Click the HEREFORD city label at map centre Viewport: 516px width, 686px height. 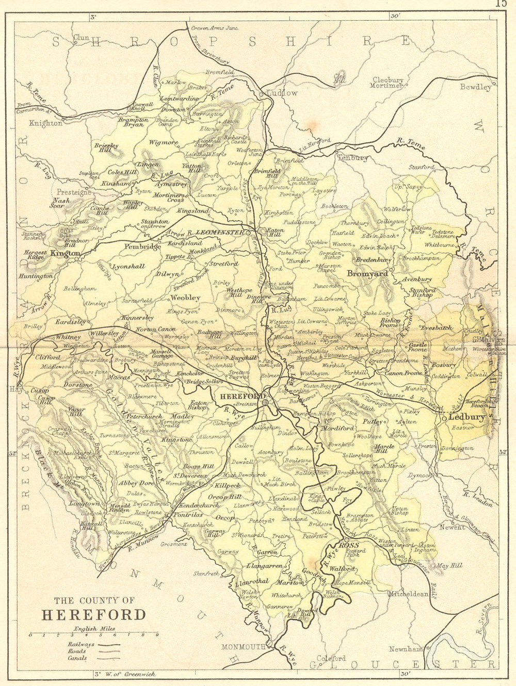click(235, 396)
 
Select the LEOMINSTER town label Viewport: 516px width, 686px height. click(219, 232)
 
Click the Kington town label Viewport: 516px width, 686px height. click(66, 254)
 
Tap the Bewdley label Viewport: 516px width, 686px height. click(476, 87)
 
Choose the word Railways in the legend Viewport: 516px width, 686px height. click(80, 644)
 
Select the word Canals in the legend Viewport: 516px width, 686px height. click(77, 658)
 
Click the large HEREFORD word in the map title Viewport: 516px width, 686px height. click(93, 615)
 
